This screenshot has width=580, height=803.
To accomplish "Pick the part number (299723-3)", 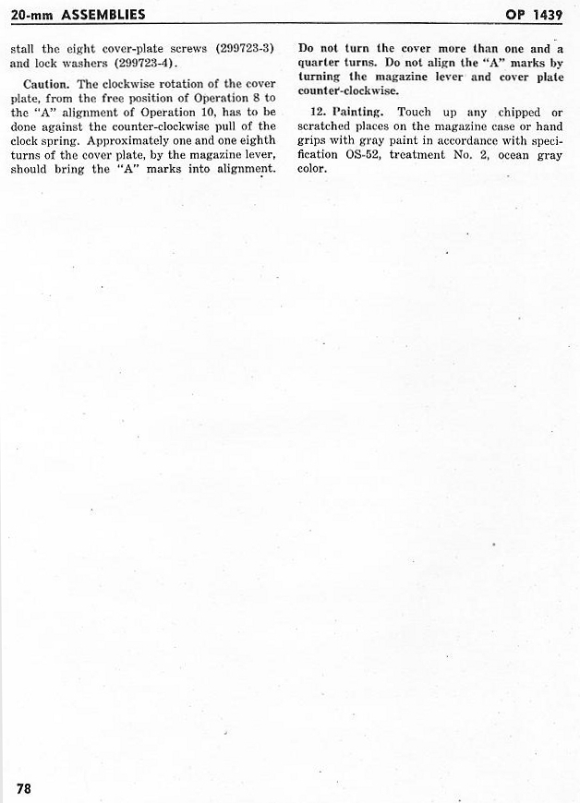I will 246,48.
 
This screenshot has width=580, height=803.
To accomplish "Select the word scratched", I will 329,126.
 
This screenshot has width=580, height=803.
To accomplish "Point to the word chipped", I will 517,112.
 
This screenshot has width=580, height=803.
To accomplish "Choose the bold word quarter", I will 322,62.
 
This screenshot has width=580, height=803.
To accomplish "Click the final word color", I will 313,169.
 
